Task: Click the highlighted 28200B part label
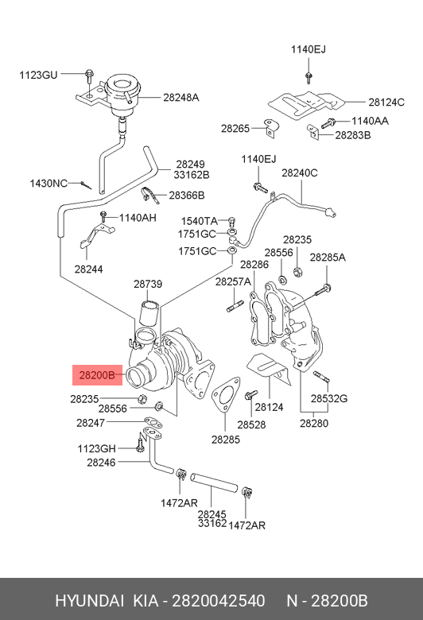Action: tap(97, 375)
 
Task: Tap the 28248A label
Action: tap(180, 97)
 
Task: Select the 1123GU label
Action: tap(38, 75)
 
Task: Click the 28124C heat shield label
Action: tap(386, 102)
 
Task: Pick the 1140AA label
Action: tap(370, 121)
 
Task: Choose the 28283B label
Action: tap(353, 135)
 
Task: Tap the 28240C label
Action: tap(300, 172)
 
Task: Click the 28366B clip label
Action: tap(187, 196)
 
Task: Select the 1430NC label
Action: tap(49, 184)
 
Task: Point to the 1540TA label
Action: tap(200, 221)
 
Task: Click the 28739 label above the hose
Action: tap(148, 284)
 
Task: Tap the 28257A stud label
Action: tap(233, 281)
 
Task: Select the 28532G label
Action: tap(329, 398)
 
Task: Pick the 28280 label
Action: tap(314, 423)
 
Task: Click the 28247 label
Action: tap(91, 423)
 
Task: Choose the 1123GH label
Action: tap(96, 449)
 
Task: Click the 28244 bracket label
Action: tap(88, 269)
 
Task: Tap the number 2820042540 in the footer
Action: tap(219, 601)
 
